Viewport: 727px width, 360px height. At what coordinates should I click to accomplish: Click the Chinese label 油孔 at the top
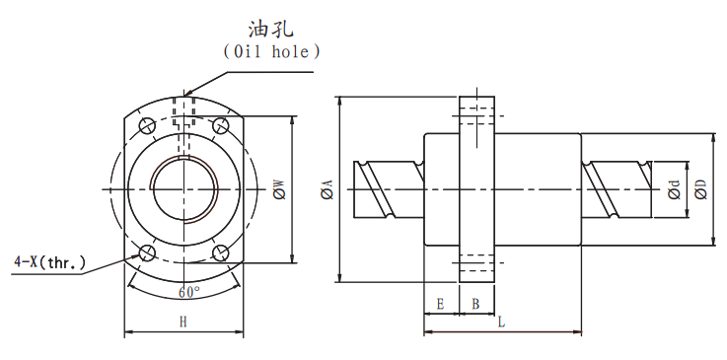pos(271,30)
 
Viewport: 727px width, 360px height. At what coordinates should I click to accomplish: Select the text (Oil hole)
pos(271,51)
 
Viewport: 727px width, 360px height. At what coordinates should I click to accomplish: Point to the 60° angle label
pos(189,292)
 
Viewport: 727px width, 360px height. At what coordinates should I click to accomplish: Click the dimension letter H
pos(183,323)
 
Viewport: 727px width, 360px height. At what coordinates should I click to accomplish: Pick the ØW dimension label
pos(280,189)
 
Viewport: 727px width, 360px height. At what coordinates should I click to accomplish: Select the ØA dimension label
pos(327,189)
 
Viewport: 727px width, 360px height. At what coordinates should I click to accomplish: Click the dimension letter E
pos(441,304)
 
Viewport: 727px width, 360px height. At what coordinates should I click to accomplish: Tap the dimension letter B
pos(475,304)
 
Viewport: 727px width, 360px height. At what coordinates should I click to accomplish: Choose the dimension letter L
pos(501,322)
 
